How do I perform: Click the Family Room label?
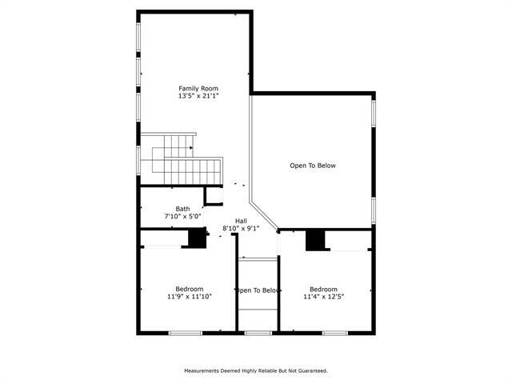point(198,88)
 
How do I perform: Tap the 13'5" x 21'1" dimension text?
point(198,96)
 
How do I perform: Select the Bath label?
point(183,209)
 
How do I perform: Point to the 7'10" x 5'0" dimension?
point(183,217)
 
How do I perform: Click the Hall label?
point(241,221)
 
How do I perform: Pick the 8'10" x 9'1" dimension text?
point(241,229)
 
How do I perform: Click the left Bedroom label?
point(190,289)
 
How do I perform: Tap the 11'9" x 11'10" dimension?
point(190,297)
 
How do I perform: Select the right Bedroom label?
point(324,289)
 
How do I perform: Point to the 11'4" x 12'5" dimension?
point(324,297)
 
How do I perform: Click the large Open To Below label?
point(313,166)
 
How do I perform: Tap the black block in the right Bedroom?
point(318,240)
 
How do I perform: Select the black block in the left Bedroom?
point(196,238)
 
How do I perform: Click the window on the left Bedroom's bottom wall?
point(185,332)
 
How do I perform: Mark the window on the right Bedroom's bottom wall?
point(334,332)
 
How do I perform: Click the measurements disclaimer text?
point(256,370)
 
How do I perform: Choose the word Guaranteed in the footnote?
point(310,370)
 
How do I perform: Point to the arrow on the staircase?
point(190,147)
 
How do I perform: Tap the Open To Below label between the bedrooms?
point(257,290)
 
